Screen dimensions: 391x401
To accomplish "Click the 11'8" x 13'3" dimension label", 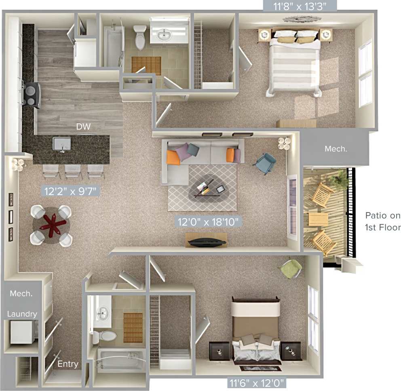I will pyautogui.click(x=300, y=6).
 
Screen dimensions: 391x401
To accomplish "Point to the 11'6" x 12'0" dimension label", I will pyautogui.click(x=256, y=381).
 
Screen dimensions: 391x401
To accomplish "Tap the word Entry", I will pyautogui.click(x=68, y=364).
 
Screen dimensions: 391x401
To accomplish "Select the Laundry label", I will pyautogui.click(x=22, y=314).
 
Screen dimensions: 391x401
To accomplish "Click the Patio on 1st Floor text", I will pyautogui.click(x=382, y=221).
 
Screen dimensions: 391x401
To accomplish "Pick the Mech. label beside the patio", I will pyautogui.click(x=336, y=149).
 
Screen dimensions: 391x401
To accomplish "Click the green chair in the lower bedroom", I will pyautogui.click(x=291, y=268).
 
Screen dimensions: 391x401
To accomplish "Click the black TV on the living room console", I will pyautogui.click(x=207, y=242).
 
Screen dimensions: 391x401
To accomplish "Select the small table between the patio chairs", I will pyautogui.click(x=319, y=220).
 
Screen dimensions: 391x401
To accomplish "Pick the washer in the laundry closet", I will pyautogui.click(x=21, y=332).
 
